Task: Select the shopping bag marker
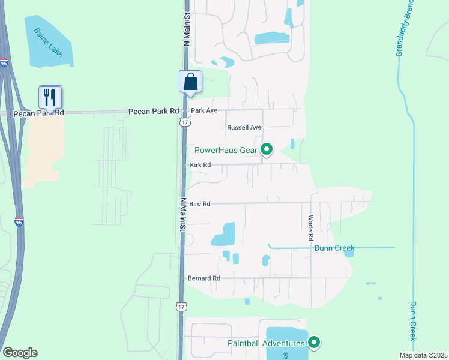(190, 82)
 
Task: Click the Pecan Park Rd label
(154, 111)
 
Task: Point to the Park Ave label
(203, 111)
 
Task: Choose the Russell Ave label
(244, 128)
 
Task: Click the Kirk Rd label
(200, 165)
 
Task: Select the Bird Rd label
(199, 204)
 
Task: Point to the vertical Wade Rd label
(311, 229)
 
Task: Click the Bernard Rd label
(204, 278)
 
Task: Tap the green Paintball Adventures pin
(313, 343)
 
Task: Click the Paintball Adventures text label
(266, 343)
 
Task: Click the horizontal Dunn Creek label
(334, 248)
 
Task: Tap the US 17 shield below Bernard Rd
(181, 307)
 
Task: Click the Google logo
(20, 353)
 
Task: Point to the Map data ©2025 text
(423, 355)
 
